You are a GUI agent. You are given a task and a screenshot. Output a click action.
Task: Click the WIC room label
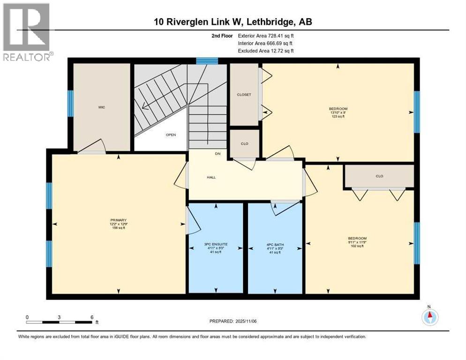coord(101,107)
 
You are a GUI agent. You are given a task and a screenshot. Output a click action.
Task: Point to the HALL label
coord(211,177)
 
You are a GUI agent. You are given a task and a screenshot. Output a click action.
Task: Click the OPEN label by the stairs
coord(170,135)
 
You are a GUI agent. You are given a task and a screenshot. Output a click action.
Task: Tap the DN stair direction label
coord(217,154)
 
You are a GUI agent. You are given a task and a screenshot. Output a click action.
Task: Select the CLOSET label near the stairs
coord(244,95)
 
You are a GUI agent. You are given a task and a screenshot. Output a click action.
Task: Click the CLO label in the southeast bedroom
coord(379,176)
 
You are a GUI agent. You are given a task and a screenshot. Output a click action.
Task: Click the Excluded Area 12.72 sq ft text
coord(266,51)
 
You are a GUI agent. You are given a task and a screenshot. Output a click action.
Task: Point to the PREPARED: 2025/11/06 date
coord(233,321)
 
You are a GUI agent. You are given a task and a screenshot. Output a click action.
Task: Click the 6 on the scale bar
coord(92,317)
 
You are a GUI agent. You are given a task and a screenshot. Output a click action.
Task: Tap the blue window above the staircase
coord(207,60)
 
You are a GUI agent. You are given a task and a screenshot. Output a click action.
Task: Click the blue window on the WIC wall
coord(71,104)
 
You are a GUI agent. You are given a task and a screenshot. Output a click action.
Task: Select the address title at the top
coord(233,22)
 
